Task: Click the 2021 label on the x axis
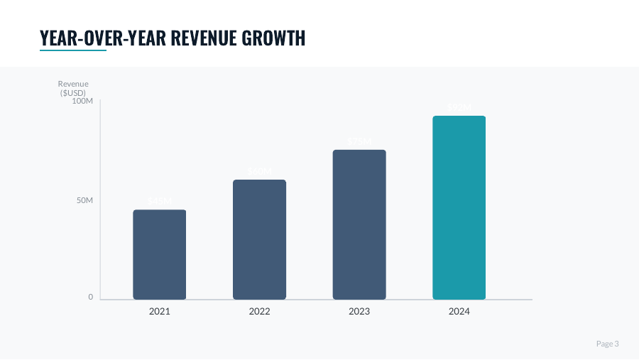tap(159, 311)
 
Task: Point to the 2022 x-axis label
tap(259, 311)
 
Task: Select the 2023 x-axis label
tap(359, 311)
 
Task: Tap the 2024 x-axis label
tap(459, 311)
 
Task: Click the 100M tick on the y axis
tap(82, 102)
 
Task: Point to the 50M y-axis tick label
tap(85, 201)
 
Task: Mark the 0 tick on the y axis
tap(90, 298)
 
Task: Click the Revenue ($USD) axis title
tap(73, 88)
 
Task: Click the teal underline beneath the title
tap(73, 50)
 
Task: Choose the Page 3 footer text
tap(607, 344)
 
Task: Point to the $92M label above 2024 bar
tap(459, 107)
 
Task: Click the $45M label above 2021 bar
tap(159, 202)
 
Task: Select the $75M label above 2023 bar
tap(359, 141)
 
